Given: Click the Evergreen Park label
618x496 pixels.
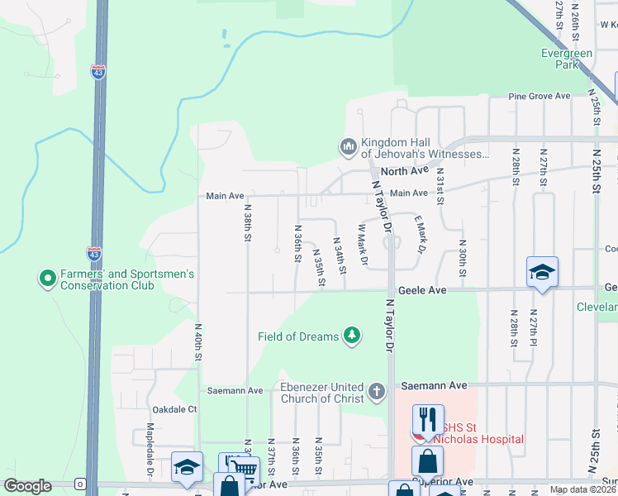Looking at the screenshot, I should point(567,59).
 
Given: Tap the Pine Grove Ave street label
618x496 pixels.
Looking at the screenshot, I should point(540,97).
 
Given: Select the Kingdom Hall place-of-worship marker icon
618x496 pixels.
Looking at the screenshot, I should point(348,148).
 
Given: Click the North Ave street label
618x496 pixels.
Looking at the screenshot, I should point(410,169).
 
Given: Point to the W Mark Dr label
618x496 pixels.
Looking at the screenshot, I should point(361,245).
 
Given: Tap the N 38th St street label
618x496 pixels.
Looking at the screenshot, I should point(247,224).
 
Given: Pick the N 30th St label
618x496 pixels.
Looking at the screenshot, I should point(462,262).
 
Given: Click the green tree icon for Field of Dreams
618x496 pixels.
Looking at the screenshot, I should point(353,335).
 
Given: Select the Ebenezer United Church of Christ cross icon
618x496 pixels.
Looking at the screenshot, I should point(377,391).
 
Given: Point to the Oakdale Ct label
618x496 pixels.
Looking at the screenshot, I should point(174,409).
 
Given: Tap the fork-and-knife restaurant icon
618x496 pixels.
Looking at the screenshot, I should point(428,417).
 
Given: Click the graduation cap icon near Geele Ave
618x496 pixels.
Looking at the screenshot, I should point(542,272).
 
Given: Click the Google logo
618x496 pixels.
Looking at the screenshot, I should point(27,485).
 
